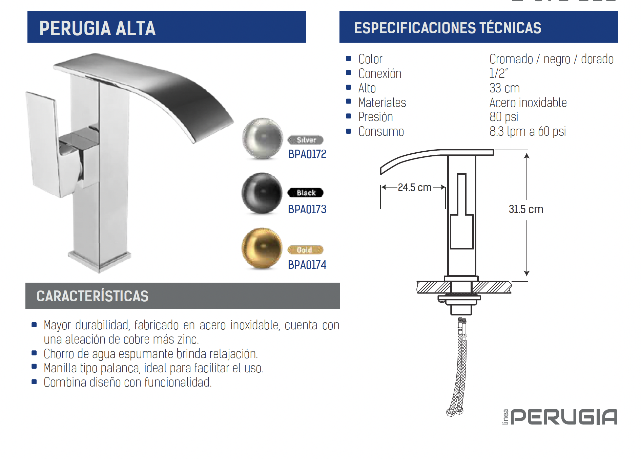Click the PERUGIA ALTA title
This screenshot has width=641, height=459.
click(x=98, y=28)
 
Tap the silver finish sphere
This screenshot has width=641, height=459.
click(x=262, y=138)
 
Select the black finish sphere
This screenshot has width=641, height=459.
click(x=262, y=193)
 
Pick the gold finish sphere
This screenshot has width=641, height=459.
click(x=262, y=248)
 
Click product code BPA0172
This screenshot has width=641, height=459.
click(x=307, y=154)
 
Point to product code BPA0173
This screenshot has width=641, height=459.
click(x=307, y=210)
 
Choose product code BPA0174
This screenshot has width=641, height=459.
click(x=307, y=265)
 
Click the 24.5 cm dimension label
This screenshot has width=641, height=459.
click(x=414, y=187)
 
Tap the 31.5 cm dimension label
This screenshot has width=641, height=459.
click(x=526, y=209)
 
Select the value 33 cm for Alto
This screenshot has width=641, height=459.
click(x=504, y=88)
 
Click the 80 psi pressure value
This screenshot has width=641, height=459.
click(x=504, y=117)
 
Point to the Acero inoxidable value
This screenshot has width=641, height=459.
click(x=528, y=103)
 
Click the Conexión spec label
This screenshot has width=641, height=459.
click(x=380, y=74)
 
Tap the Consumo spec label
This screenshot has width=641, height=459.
click(x=381, y=132)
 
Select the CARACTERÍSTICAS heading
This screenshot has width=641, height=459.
click(x=92, y=296)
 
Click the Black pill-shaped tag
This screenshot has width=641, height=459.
click(x=306, y=193)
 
